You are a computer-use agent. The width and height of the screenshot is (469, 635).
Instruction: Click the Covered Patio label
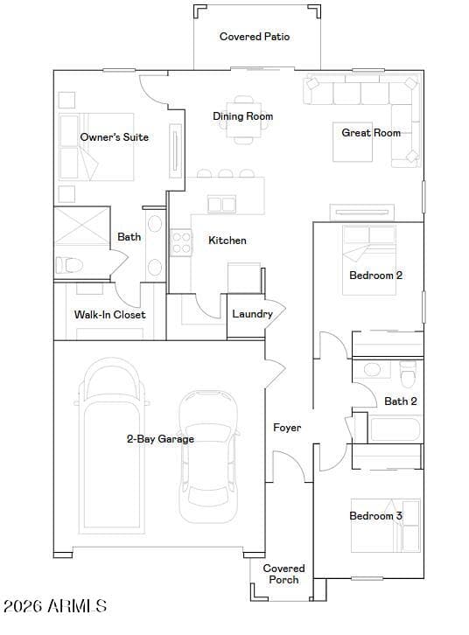(x=255, y=37)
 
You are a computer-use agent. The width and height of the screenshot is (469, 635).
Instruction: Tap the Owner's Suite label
(x=115, y=136)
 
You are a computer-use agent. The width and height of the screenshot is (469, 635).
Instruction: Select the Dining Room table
(x=243, y=121)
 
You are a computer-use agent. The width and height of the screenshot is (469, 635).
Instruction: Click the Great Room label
(x=371, y=132)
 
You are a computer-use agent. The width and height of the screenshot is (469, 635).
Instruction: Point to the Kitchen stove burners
(x=180, y=242)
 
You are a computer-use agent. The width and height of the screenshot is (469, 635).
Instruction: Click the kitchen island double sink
(x=221, y=204)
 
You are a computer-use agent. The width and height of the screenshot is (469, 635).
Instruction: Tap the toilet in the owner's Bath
(x=69, y=265)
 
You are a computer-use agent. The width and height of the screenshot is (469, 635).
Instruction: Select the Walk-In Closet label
(x=109, y=314)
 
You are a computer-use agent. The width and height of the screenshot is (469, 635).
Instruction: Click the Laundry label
(x=252, y=314)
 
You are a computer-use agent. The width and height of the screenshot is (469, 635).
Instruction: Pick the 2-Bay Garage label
(x=160, y=438)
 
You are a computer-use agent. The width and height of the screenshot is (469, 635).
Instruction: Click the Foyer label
(x=287, y=427)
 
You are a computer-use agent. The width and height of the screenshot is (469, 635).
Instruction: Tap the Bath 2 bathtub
(x=395, y=429)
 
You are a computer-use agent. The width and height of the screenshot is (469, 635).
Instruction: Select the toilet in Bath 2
(x=408, y=373)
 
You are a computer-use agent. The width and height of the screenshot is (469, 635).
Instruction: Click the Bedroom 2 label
(x=375, y=276)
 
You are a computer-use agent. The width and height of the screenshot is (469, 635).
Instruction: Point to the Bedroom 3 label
(x=375, y=515)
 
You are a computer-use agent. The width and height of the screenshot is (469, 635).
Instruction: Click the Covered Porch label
(x=283, y=574)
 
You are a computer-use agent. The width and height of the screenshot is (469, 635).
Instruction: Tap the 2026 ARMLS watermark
(x=55, y=606)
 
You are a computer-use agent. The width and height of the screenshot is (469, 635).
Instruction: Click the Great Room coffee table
(x=353, y=142)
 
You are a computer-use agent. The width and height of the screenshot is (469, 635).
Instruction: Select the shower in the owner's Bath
(x=81, y=226)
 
